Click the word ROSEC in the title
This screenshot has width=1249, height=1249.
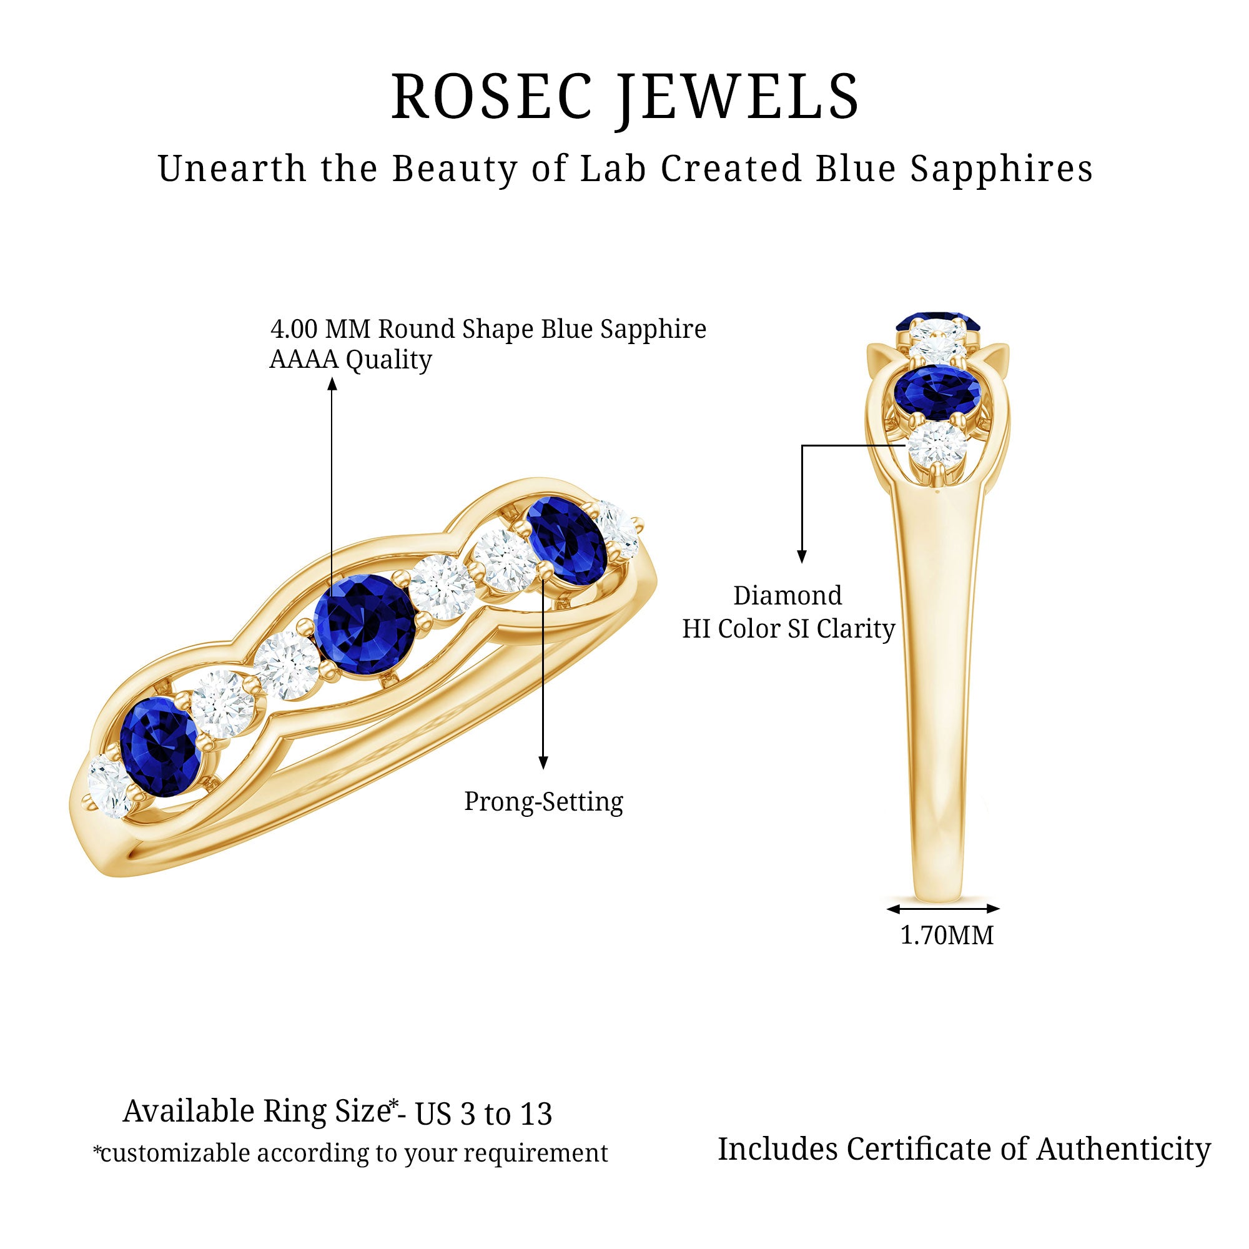(x=491, y=97)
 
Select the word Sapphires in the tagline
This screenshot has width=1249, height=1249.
(x=1002, y=169)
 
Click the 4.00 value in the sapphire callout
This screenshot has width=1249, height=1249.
(x=294, y=329)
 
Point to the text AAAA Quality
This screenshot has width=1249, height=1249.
(x=350, y=360)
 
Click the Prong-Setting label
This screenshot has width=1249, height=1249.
(x=543, y=802)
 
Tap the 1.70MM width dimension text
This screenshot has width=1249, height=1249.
(x=947, y=936)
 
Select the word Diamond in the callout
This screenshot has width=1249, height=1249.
(x=787, y=595)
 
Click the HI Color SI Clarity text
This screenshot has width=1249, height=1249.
(x=788, y=628)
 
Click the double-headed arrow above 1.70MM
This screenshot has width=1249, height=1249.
(x=943, y=908)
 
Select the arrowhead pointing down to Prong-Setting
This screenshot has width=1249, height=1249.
(x=543, y=763)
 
